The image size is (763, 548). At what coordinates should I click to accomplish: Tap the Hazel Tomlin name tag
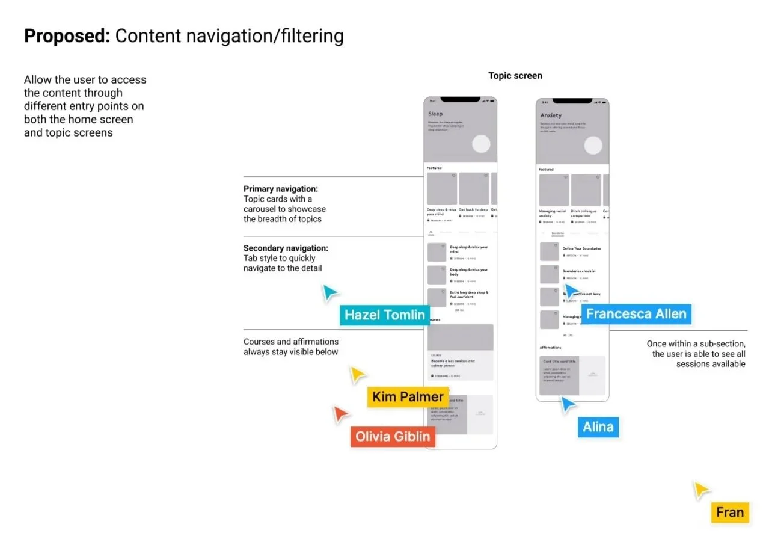click(384, 315)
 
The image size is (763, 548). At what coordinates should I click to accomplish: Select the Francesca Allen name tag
click(636, 314)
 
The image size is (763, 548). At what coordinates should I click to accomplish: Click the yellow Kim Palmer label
click(407, 397)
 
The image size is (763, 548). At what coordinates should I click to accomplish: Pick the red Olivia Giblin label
click(393, 437)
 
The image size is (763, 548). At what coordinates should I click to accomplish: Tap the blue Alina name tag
click(598, 428)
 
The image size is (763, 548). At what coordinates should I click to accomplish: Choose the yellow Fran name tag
click(730, 513)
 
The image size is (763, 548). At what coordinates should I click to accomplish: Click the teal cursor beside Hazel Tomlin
click(329, 292)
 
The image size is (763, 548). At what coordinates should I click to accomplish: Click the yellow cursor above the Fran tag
click(700, 490)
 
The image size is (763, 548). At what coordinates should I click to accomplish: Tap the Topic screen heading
click(515, 76)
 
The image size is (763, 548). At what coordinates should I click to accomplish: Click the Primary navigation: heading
click(281, 189)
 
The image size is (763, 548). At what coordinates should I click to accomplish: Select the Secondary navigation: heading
click(286, 248)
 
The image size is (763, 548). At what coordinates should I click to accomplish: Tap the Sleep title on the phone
click(435, 114)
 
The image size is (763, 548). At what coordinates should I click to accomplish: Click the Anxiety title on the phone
click(551, 115)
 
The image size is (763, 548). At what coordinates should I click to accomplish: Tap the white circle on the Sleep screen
click(481, 144)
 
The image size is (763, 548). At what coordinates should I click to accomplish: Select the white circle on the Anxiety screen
click(593, 146)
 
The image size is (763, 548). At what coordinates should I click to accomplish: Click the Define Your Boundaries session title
click(581, 248)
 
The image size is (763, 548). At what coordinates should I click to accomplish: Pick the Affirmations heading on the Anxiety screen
click(550, 348)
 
